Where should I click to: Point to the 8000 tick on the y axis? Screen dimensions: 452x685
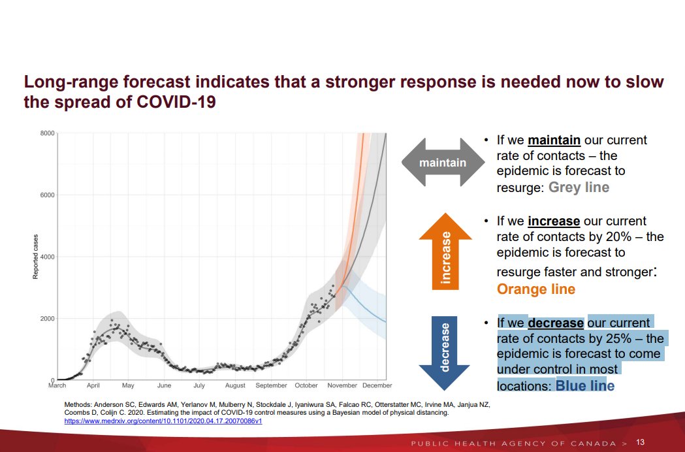pyautogui.click(x=46, y=133)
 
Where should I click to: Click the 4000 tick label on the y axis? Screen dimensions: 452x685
pyautogui.click(x=46, y=257)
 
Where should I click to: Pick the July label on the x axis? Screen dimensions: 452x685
pyautogui.click(x=199, y=386)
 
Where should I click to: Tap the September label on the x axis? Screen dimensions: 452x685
pyautogui.click(x=271, y=386)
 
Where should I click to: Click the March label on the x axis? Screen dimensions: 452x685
pyautogui.click(x=57, y=386)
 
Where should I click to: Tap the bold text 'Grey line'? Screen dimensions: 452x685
pyautogui.click(x=579, y=187)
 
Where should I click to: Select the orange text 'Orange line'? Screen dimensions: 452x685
pyautogui.click(x=536, y=289)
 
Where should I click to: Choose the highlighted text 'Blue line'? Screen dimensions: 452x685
pyautogui.click(x=585, y=386)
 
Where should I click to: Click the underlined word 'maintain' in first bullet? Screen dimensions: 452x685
pyautogui.click(x=555, y=140)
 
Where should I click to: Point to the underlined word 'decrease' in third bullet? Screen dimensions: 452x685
pyautogui.click(x=555, y=323)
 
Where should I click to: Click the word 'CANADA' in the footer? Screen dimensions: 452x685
pyautogui.click(x=592, y=444)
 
